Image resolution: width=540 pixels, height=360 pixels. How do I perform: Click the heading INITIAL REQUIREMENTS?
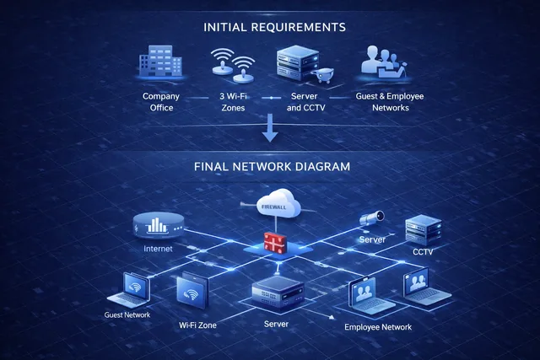[274, 27]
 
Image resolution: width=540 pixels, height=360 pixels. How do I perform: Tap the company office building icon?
[160, 61]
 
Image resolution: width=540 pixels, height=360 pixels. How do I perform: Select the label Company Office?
[161, 102]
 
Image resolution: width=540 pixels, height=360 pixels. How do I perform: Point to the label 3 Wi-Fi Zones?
[233, 102]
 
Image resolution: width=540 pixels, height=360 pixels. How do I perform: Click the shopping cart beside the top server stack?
[322, 75]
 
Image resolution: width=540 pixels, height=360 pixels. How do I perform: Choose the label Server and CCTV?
[305, 102]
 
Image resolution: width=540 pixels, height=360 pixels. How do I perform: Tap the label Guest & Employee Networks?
[390, 102]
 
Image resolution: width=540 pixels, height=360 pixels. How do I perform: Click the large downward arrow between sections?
[270, 127]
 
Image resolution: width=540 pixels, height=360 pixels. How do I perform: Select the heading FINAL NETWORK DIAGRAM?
[272, 167]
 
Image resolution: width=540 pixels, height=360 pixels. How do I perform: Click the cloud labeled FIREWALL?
[279, 204]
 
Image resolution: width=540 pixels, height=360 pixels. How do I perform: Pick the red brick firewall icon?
[275, 242]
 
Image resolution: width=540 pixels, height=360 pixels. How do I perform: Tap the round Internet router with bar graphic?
[159, 225]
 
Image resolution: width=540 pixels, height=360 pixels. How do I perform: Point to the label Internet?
[158, 249]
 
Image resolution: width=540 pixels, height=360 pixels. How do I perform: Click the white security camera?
[372, 218]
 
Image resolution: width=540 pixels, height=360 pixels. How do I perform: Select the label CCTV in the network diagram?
[423, 252]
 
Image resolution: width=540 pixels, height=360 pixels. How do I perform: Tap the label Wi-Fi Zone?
[197, 325]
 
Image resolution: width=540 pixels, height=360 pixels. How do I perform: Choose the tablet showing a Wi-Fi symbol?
[192, 290]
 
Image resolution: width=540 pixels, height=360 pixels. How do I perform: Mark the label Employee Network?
[378, 327]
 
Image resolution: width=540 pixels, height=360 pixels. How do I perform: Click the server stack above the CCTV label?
[424, 229]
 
